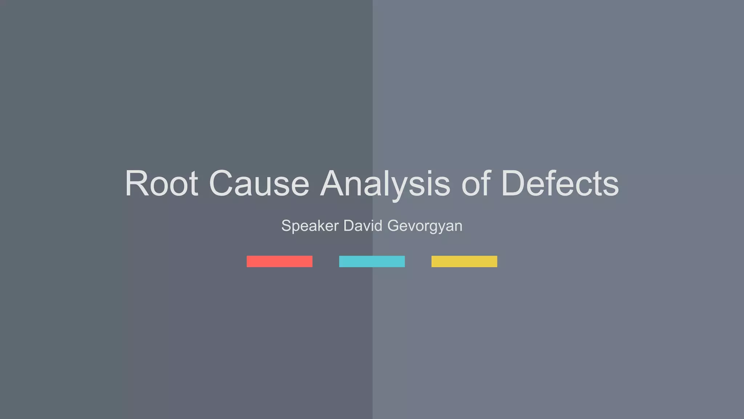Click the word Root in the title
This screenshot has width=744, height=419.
162,183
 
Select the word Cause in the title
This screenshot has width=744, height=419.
259,183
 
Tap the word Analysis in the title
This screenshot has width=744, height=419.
385,183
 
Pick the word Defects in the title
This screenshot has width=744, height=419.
560,183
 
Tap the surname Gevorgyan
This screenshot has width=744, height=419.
425,226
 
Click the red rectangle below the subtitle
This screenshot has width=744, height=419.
279,262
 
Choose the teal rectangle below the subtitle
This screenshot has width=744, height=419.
372,262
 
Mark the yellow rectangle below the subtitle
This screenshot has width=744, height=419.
464,262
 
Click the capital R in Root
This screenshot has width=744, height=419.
137,183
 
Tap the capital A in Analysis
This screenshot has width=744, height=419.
334,183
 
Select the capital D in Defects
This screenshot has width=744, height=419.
515,183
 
